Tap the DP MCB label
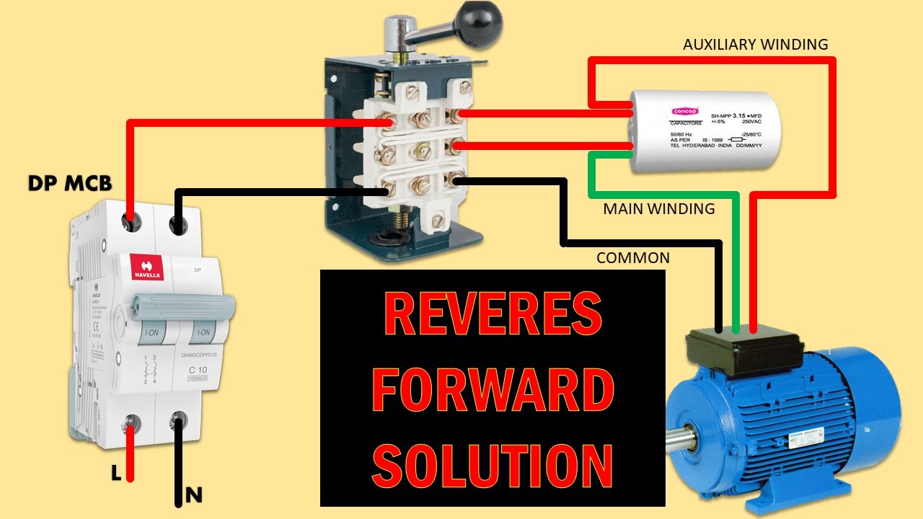[x=70, y=184]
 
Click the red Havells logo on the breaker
[x=146, y=267]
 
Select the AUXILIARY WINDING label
[x=755, y=45]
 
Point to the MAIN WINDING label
[x=658, y=209]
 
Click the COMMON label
[x=632, y=258]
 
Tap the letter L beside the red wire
[x=115, y=473]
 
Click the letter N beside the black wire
[x=193, y=495]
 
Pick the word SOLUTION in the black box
[x=493, y=465]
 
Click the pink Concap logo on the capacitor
[x=681, y=111]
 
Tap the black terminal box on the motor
[x=743, y=353]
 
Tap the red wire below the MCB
[x=131, y=454]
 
